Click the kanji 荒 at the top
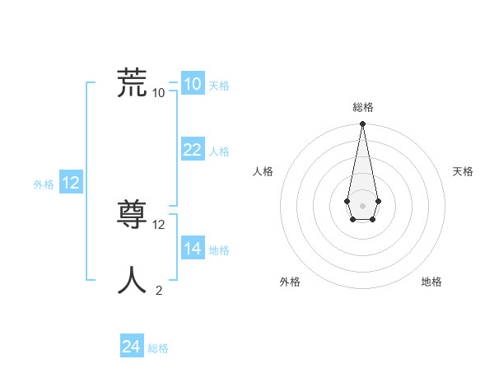click(133, 83)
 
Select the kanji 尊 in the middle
click(133, 215)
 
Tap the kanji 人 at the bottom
click(133, 280)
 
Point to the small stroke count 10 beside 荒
click(159, 93)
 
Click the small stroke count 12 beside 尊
click(159, 224)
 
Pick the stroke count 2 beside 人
click(159, 290)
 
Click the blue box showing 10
click(192, 84)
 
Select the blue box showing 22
click(192, 150)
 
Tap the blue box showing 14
click(192, 248)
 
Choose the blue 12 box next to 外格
click(71, 183)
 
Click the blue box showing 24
click(131, 347)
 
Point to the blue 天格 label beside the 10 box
click(219, 86)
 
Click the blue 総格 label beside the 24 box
click(158, 348)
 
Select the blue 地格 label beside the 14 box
click(219, 249)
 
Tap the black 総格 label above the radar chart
click(362, 107)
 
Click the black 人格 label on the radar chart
click(263, 171)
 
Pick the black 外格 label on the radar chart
click(289, 282)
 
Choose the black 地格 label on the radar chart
click(431, 282)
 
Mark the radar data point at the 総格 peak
click(362, 124)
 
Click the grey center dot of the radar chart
click(362, 204)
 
